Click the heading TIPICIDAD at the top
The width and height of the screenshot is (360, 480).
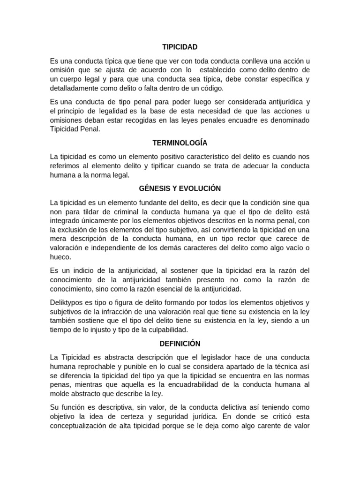click(180, 47)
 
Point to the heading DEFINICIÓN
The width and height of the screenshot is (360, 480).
click(180, 343)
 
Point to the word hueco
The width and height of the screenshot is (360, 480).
click(60, 257)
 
